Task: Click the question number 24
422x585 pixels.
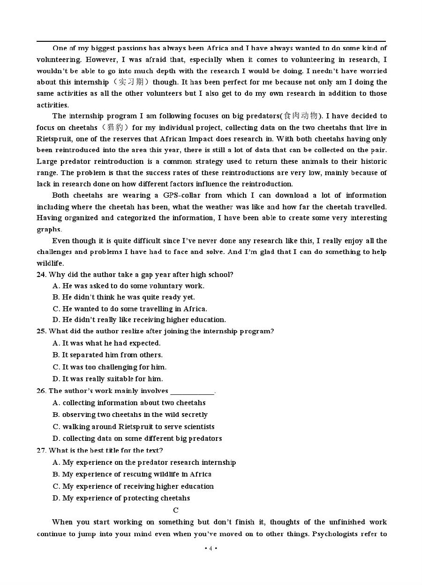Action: click(41, 275)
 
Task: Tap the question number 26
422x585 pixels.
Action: click(41, 391)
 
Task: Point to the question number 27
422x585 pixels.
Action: click(41, 451)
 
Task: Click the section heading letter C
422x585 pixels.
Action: click(175, 510)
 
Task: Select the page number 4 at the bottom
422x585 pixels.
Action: click(211, 548)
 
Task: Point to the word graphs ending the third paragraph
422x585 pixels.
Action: click(49, 230)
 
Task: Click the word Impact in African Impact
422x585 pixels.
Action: click(211, 139)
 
